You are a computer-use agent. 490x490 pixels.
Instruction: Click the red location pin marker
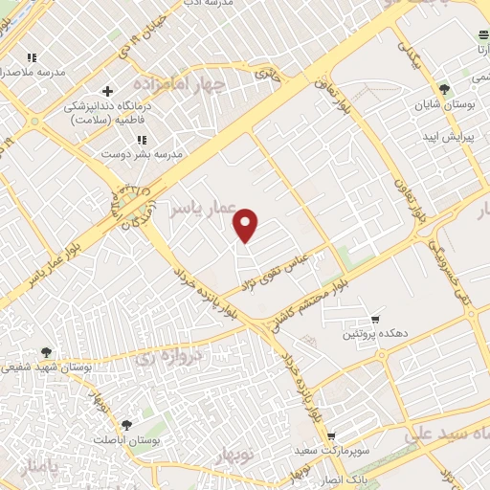(247, 225)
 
